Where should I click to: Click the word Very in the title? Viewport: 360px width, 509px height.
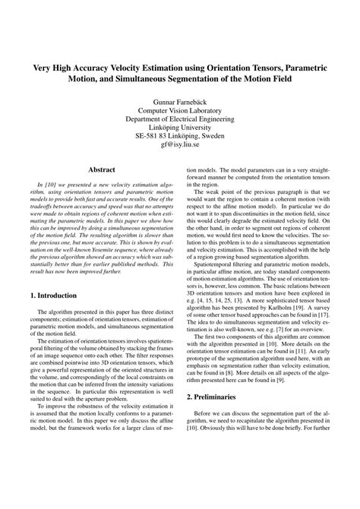(43, 67)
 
